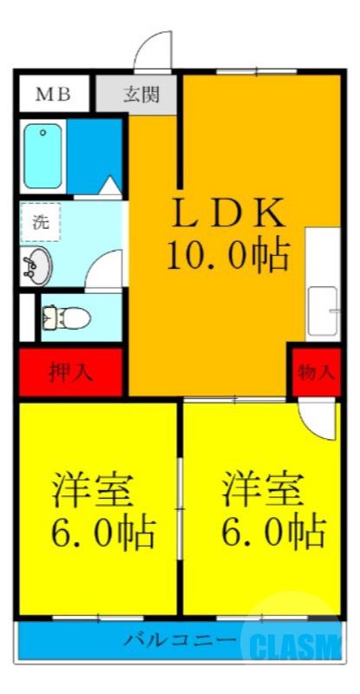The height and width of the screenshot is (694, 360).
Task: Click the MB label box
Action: (x=53, y=95)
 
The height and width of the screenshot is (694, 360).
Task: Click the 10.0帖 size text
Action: (x=226, y=253)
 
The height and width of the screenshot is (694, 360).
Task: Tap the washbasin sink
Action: (x=38, y=265)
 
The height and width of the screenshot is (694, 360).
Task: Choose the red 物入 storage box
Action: (x=316, y=373)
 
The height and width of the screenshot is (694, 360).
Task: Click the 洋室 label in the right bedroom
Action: (x=262, y=490)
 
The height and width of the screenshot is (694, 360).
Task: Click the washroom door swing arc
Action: (x=105, y=270)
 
